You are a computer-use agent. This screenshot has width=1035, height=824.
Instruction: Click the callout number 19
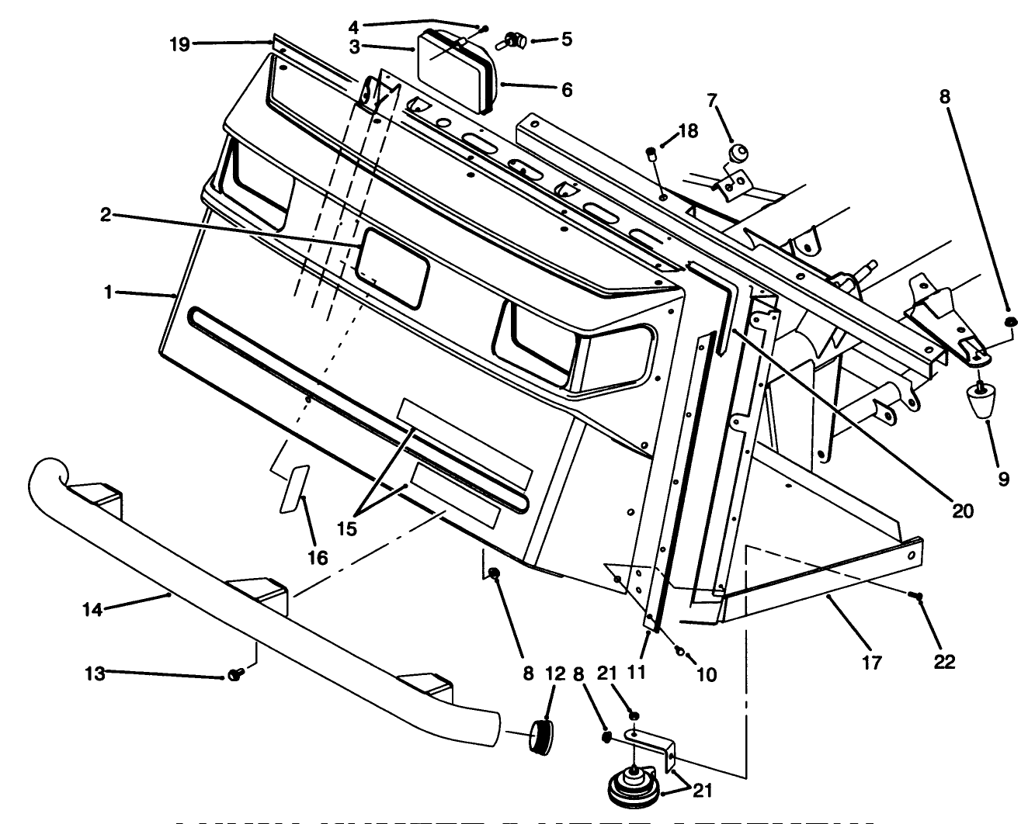[179, 44]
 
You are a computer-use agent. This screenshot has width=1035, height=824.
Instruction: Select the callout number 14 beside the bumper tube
[92, 610]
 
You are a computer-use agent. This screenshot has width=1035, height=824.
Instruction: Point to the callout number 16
[318, 557]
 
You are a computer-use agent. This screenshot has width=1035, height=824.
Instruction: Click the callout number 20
[961, 511]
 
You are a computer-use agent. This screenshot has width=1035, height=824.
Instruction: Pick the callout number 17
[871, 663]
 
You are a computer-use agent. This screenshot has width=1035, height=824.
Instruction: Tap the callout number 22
[945, 661]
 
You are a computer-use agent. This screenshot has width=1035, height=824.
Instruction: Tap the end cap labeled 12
[540, 735]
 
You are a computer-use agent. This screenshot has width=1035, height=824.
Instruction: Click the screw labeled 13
[235, 677]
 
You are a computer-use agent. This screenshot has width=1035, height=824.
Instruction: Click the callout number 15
[346, 528]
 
